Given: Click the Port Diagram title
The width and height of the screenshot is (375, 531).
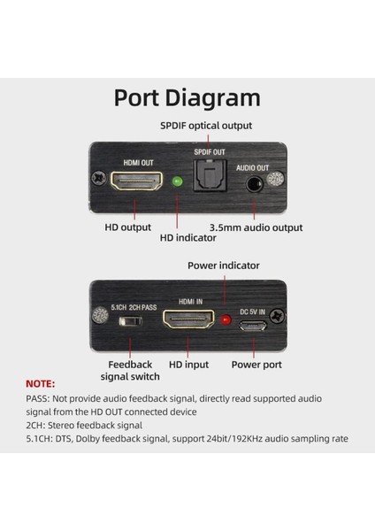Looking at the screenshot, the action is (187, 98).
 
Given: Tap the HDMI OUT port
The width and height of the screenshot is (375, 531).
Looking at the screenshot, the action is (136, 181).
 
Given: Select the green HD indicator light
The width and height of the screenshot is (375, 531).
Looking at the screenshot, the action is (178, 181).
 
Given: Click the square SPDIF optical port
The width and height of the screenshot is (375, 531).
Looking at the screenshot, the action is (210, 175).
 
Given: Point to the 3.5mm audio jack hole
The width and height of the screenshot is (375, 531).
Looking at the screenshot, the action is (254, 185).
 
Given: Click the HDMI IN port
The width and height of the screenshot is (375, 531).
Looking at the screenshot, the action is (188, 319).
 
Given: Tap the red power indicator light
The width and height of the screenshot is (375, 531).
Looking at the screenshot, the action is (226, 319).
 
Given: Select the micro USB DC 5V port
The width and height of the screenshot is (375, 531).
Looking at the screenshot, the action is (253, 326).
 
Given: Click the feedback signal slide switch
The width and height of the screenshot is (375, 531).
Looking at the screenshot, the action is (131, 320).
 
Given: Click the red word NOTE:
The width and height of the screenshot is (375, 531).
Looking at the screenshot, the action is (41, 384).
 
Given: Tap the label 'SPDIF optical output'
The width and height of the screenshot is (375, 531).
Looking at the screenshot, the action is (206, 126).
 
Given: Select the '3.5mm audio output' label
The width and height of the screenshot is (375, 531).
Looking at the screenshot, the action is (256, 227).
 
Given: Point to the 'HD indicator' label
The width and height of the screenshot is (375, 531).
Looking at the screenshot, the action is (187, 238).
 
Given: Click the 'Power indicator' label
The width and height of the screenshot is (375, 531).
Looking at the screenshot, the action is (224, 265).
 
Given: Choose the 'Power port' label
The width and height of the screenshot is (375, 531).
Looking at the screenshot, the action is (256, 365).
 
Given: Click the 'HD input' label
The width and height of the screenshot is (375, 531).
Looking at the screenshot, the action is (189, 365).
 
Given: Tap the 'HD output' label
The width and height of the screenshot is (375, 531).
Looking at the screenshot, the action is (128, 227).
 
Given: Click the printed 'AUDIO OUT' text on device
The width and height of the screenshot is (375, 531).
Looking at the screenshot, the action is (252, 168).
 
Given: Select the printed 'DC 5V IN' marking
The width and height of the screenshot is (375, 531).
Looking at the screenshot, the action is (252, 312).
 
